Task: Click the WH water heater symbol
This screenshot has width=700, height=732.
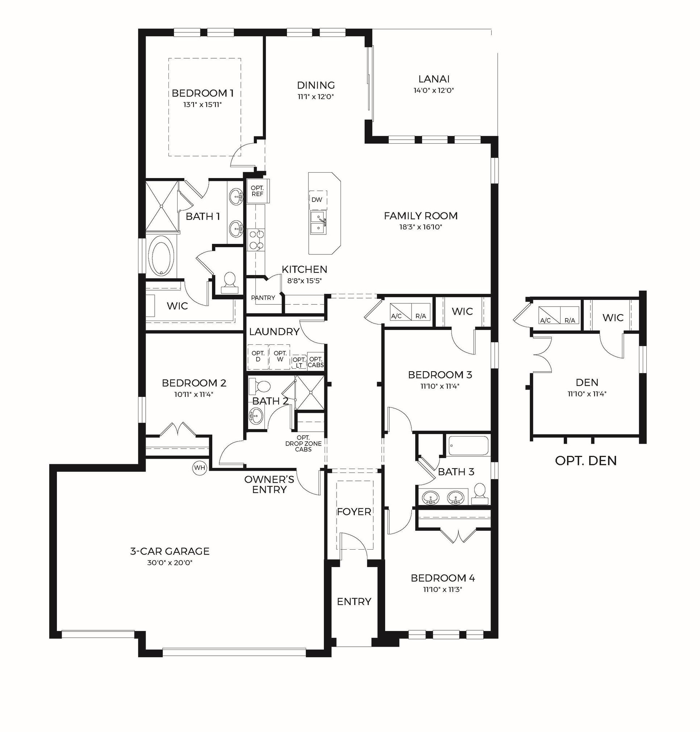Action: [x=200, y=468]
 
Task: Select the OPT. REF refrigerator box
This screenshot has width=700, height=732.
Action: [x=258, y=191]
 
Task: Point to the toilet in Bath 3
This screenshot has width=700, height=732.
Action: [x=480, y=495]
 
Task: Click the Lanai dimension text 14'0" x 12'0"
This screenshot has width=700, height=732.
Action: [x=434, y=90]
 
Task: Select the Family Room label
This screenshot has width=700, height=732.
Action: [x=421, y=216]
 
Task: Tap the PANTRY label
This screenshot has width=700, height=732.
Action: [x=263, y=298]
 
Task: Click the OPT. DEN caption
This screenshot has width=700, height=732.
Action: [x=586, y=461]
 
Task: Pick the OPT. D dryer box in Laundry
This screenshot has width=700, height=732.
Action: [x=258, y=356]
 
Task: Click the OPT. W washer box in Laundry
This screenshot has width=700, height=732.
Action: [x=280, y=356]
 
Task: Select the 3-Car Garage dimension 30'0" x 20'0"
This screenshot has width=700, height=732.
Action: [x=170, y=562]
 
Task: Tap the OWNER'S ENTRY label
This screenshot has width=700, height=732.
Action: [x=269, y=485]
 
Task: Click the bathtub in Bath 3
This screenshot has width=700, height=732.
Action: [x=468, y=446]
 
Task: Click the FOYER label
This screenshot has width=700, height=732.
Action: [x=354, y=512]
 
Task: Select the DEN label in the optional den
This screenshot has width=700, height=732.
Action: [x=587, y=382]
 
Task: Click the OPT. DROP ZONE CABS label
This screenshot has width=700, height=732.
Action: [x=303, y=444]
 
